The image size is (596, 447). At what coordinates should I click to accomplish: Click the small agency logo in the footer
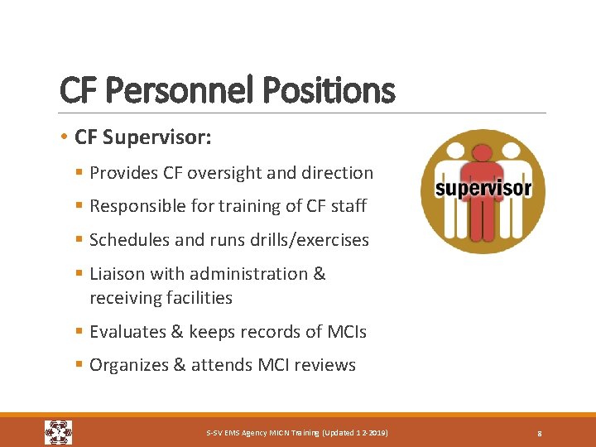[x=58, y=432]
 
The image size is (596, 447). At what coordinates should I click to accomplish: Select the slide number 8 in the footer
[x=539, y=433]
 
